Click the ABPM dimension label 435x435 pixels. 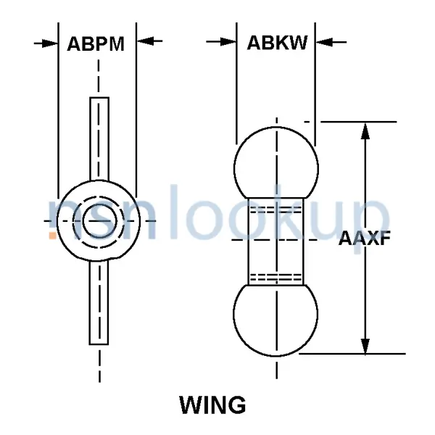click(x=96, y=43)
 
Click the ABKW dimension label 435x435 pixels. click(x=277, y=43)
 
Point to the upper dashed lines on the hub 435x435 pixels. click(x=276, y=209)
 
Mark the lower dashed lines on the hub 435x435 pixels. click(x=276, y=275)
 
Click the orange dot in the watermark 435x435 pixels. click(x=52, y=235)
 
